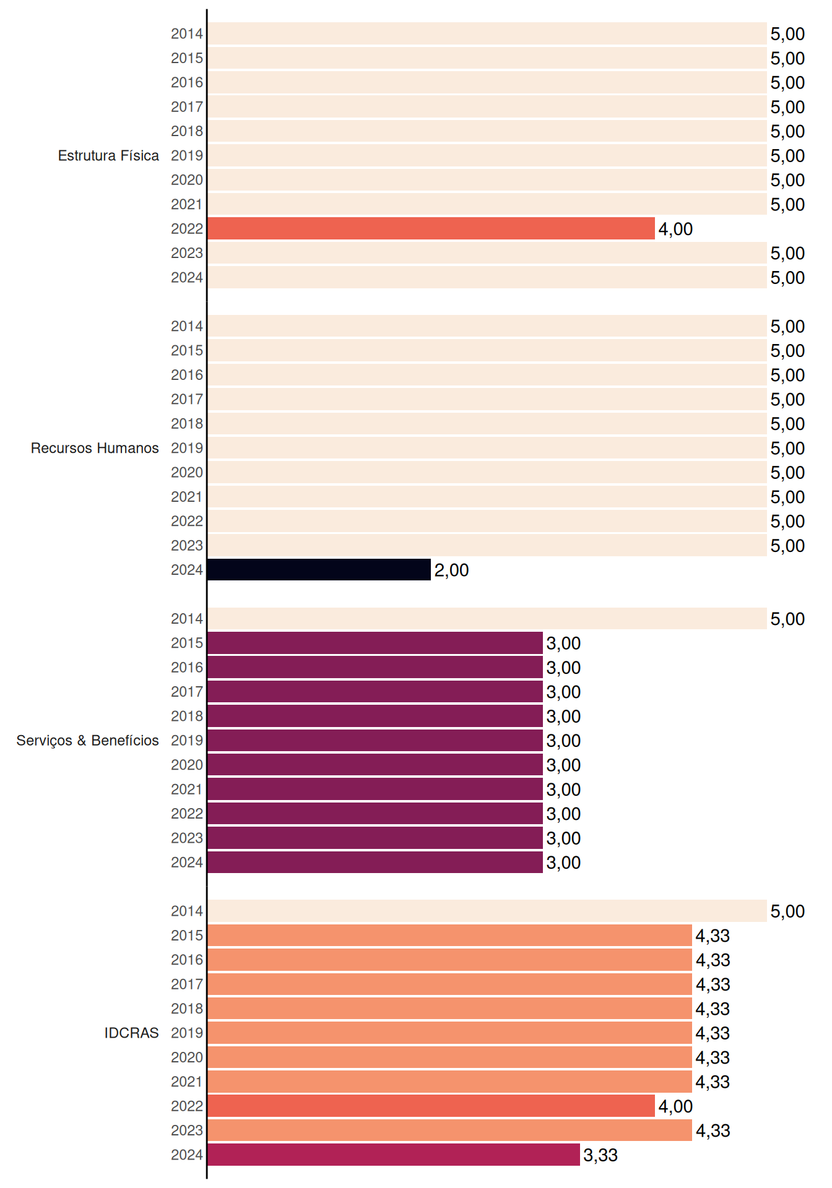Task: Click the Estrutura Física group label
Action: pos(108,155)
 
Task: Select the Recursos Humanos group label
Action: pos(95,448)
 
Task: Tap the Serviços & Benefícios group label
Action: pos(87,741)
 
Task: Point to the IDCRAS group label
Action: pos(131,1033)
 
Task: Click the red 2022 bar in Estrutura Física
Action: pos(431,228)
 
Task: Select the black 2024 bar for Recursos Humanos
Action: pos(319,570)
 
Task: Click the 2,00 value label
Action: pos(451,570)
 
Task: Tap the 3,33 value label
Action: pos(600,1155)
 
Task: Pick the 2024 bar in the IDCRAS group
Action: pos(394,1155)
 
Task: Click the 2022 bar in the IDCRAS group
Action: pos(431,1106)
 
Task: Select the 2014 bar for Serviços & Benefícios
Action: pos(487,619)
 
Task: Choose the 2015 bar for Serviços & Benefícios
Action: pos(375,643)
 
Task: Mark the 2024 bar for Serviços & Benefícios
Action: pos(375,863)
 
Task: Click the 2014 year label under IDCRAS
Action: pos(187,911)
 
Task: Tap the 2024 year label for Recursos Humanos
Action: pos(187,570)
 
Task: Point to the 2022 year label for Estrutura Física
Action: pos(187,228)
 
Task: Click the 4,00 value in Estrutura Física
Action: pos(675,229)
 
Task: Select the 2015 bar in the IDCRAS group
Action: pos(449,936)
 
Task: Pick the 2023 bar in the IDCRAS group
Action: pos(449,1130)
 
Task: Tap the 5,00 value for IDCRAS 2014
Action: pos(787,911)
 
